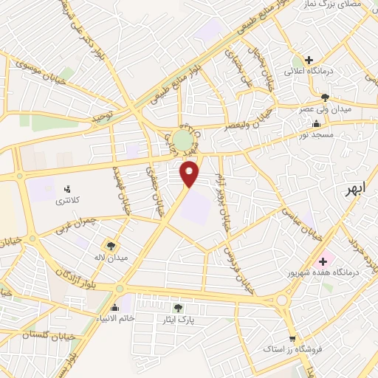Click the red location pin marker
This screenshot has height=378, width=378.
tap(190, 173)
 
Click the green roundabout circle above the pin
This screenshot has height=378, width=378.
tap(182, 140)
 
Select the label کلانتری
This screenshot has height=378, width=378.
tap(68, 200)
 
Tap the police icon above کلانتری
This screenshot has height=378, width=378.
tap(68, 188)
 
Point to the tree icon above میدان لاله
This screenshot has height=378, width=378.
tap(111, 246)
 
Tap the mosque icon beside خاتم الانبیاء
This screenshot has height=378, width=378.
tap(114, 308)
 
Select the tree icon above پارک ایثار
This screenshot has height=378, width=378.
tap(177, 307)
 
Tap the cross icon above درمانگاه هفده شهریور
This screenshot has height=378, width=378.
tap(323, 261)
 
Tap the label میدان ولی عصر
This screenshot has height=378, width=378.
tap(331, 109)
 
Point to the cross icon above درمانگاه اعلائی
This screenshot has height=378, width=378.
tap(309, 60)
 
